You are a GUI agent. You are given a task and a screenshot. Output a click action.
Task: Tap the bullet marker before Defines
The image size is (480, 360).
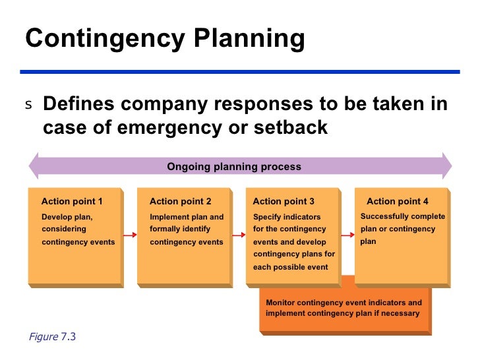(28, 105)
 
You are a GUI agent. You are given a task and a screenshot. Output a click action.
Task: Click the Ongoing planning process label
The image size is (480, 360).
(234, 167)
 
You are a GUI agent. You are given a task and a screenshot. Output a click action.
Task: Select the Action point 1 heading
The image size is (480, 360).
(72, 201)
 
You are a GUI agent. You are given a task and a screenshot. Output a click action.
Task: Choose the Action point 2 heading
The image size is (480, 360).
(181, 201)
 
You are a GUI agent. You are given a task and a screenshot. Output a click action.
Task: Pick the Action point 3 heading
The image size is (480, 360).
(284, 201)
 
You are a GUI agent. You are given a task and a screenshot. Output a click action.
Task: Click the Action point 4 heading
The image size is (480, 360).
(398, 201)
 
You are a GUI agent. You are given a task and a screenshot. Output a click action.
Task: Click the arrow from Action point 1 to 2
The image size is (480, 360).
(130, 234)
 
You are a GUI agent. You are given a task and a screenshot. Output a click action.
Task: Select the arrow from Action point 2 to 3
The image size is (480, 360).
(239, 234)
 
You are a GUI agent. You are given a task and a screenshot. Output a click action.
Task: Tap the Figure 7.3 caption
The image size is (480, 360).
(53, 337)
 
